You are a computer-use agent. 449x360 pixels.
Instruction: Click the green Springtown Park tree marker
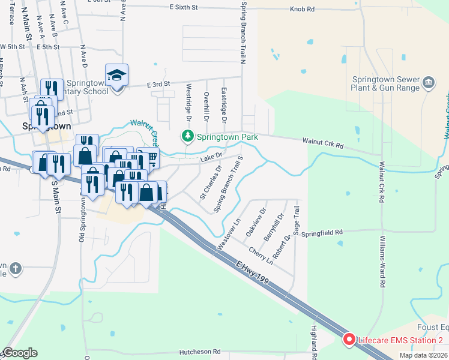[188, 137]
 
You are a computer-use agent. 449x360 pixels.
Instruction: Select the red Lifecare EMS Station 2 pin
[348, 340]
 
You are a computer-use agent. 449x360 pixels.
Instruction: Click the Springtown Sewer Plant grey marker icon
[429, 82]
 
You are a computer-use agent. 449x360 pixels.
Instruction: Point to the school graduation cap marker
[116, 76]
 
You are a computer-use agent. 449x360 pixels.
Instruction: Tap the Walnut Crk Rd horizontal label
[323, 145]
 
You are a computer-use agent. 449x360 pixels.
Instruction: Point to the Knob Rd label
[302, 9]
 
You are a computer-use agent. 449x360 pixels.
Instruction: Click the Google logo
[19, 353]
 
